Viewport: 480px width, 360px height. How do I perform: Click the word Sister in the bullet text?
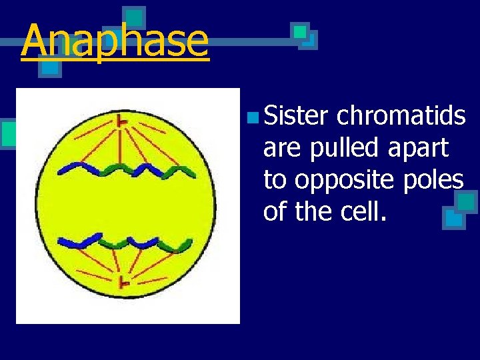tap(295, 116)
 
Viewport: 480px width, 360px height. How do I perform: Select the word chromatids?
tap(401, 116)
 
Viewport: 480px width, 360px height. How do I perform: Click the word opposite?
tap(335, 179)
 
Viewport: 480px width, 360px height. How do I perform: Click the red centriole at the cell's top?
tap(122, 121)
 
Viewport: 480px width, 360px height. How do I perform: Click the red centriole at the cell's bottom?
tap(123, 283)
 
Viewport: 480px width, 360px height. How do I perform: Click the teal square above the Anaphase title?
tap(135, 17)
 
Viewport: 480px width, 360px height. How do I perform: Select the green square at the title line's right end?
tap(301, 31)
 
